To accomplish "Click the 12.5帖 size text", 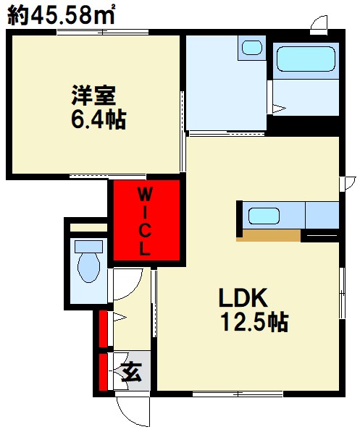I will [254, 321].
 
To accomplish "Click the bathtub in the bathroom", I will [305, 57].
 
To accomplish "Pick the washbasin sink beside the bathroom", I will [251, 48].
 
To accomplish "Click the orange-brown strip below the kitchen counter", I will [272, 235].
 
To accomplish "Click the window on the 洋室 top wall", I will [94, 32].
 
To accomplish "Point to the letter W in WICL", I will [145, 194].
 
